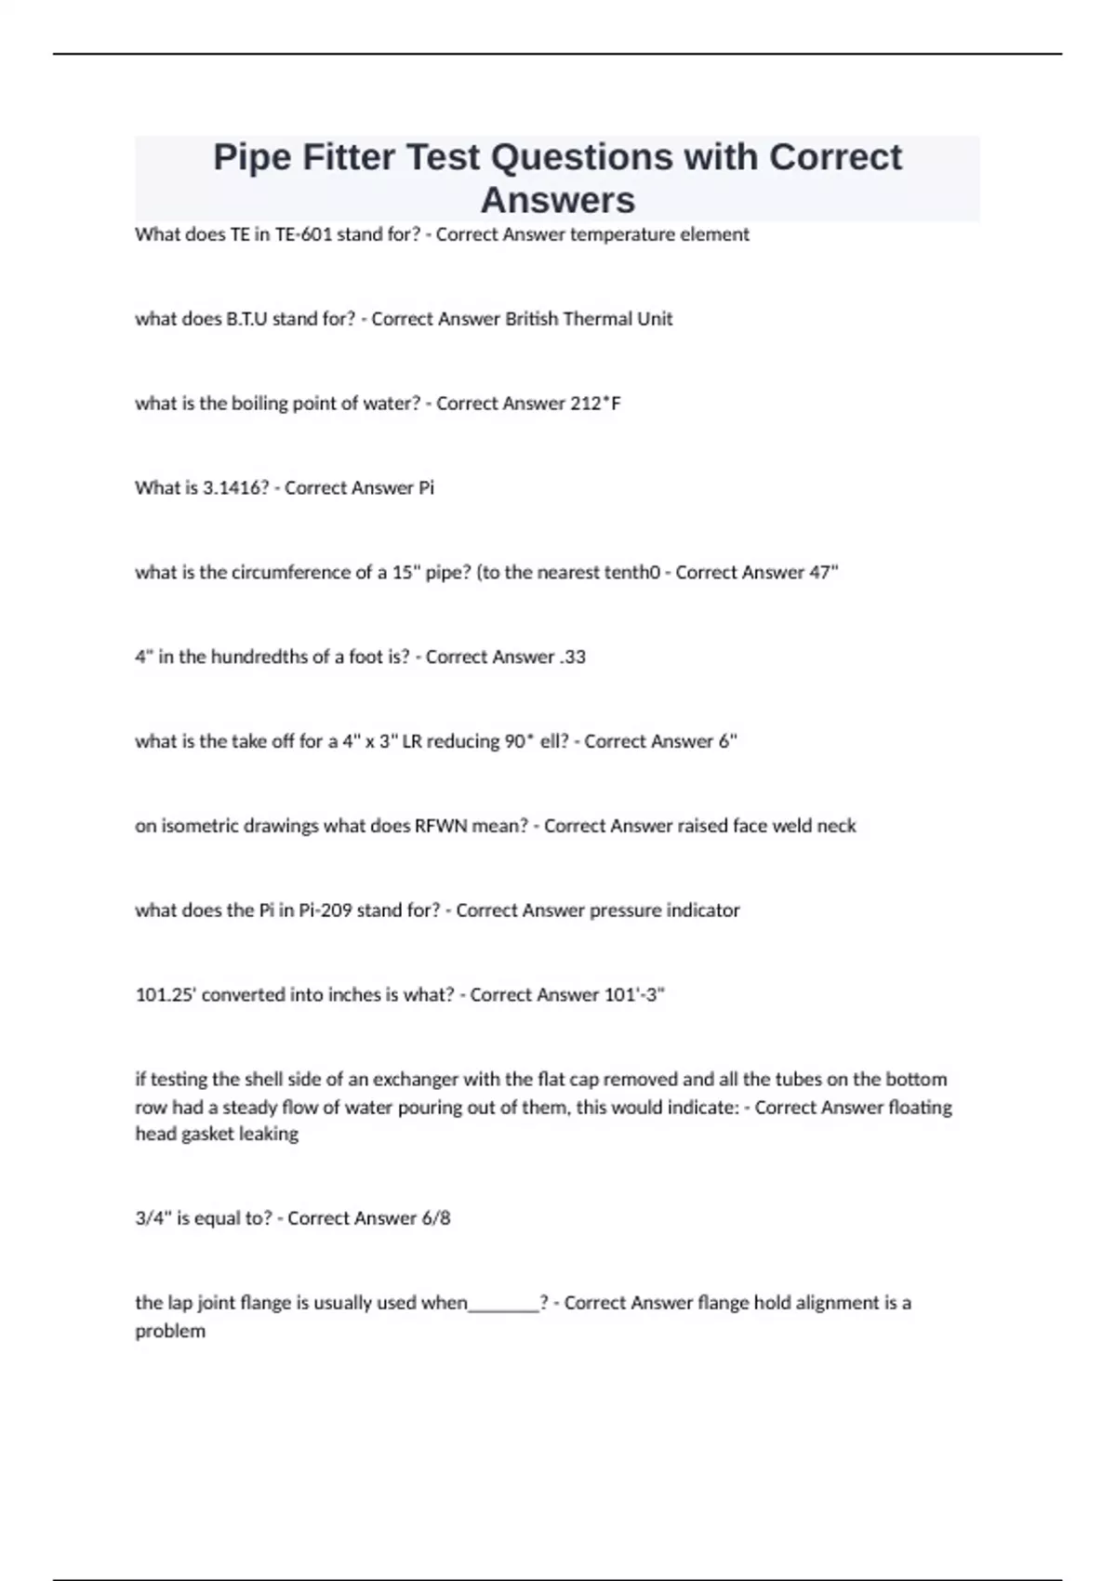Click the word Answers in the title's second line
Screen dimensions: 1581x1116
[x=558, y=200]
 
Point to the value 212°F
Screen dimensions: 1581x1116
[x=595, y=404]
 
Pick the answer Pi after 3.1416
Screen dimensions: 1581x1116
[x=426, y=488]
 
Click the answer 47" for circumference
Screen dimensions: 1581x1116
[x=823, y=573]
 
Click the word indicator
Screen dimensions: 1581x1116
[x=703, y=910]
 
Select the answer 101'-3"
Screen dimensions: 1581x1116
[x=635, y=995]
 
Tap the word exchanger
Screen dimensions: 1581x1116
[x=414, y=1080]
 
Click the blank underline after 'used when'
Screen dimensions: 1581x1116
[x=504, y=1304]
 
